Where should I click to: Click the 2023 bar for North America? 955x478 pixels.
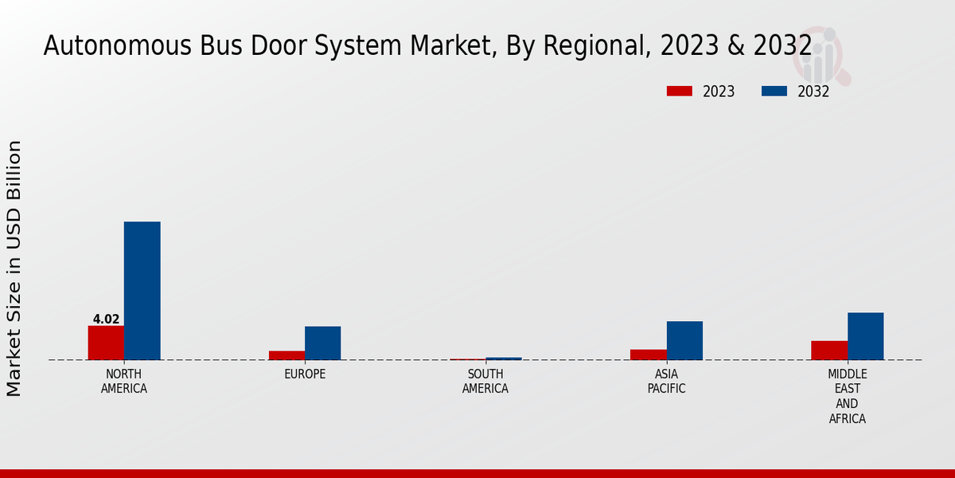[x=106, y=343]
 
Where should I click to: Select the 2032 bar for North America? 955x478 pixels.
[x=142, y=291]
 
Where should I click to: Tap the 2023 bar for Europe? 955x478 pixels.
[x=286, y=355]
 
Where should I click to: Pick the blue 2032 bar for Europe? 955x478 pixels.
[x=322, y=343]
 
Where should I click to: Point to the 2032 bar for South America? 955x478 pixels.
[x=504, y=358]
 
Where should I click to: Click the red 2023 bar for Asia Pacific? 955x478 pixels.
[x=649, y=355]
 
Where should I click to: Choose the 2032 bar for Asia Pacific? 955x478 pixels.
[x=684, y=340]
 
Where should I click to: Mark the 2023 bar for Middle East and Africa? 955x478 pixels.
[x=829, y=351]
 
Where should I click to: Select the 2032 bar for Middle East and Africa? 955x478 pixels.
[x=865, y=336]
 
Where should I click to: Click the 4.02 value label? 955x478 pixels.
[x=106, y=319]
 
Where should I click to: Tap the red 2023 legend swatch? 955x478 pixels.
[x=680, y=91]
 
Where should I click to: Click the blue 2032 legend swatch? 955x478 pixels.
[x=774, y=91]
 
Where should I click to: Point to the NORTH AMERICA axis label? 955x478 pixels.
[x=124, y=382]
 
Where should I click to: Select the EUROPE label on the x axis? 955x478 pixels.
[x=305, y=374]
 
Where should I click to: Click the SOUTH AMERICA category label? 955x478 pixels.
[x=485, y=382]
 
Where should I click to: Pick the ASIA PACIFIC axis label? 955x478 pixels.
[x=666, y=382]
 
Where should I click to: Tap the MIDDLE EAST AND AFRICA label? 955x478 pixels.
[x=847, y=397]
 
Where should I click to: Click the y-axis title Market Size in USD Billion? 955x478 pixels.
[x=14, y=268]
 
